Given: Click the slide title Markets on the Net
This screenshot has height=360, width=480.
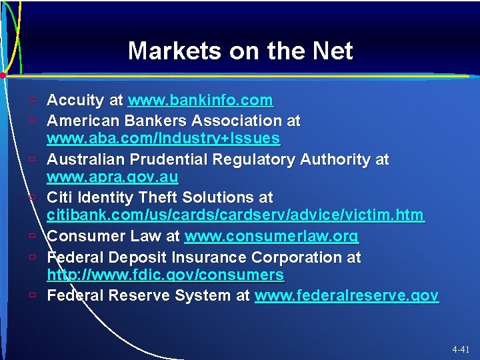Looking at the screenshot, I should pos(240,51).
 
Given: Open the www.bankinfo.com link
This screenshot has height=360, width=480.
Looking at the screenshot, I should pos(200,101).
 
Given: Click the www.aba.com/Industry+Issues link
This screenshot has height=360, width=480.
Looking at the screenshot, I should pos(163,139).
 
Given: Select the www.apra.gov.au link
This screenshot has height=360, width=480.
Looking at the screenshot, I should pos(113,177).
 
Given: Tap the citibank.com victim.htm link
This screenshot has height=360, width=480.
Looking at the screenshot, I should pos(235,215).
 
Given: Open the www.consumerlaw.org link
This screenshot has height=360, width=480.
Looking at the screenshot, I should pos(271,236).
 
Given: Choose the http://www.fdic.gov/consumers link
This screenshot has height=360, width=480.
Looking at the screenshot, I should pos(165,275).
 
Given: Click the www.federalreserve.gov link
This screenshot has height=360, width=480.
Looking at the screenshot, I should pos(347,295).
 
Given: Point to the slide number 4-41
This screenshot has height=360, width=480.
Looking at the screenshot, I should pos(460,349).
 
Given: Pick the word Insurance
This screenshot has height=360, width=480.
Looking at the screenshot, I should pos(209,257).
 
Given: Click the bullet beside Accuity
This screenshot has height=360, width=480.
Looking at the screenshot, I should pos(32,101).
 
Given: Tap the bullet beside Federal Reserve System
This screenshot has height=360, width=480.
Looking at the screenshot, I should pos(32,295).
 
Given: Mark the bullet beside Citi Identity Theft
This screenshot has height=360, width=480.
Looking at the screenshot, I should pos(32,198).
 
